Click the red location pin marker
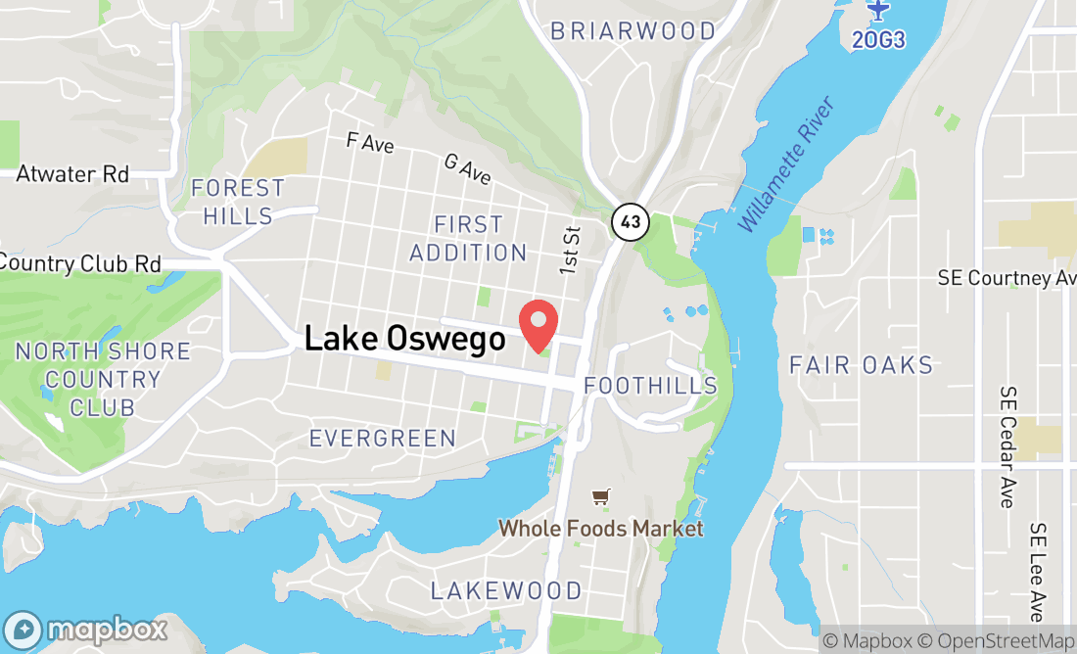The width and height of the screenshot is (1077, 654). [538, 324]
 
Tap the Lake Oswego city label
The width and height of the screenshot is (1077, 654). [404, 339]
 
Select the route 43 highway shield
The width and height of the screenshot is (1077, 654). [629, 221]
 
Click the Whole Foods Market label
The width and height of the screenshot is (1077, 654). [600, 529]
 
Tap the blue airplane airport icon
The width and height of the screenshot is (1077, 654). [878, 10]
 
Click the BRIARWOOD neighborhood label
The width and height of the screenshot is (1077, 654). [632, 31]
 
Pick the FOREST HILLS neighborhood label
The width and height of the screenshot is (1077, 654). [238, 202]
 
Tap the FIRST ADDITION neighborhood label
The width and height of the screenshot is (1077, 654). [468, 239]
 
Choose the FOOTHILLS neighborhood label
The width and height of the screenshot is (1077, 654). [650, 386]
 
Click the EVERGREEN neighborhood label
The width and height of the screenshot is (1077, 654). [383, 439]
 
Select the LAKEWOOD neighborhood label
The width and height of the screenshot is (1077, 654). [506, 591]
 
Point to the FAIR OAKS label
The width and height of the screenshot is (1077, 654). [862, 366]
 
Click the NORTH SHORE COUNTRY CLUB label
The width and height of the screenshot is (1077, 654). [103, 379]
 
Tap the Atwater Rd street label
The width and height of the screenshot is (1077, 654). [72, 174]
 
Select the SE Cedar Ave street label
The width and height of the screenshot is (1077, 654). [1007, 446]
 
